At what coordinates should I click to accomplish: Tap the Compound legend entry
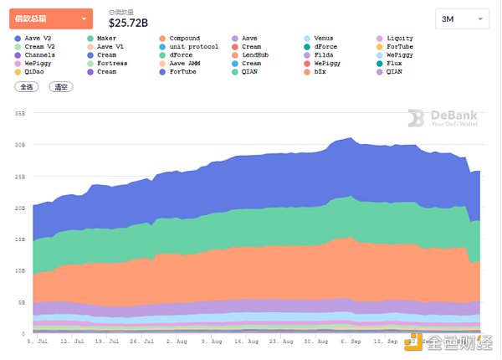point(184,39)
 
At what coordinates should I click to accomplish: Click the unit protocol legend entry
point(192,47)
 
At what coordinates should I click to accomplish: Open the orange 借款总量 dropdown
point(51,18)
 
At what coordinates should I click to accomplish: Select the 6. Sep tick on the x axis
point(350,342)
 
